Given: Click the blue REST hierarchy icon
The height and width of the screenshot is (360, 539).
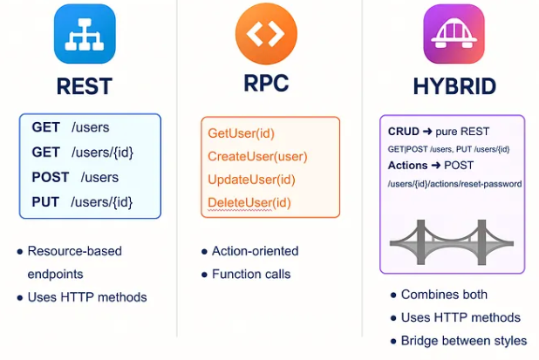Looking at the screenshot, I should (x=85, y=34).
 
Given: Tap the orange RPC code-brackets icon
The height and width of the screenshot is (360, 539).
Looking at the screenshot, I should (x=266, y=34).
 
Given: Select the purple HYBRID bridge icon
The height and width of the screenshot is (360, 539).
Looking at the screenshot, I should (x=453, y=34).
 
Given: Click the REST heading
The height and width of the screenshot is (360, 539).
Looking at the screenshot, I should (x=84, y=86).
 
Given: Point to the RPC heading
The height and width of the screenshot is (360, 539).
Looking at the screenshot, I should (x=266, y=84).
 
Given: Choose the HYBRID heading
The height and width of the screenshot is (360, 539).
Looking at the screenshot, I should (x=454, y=86).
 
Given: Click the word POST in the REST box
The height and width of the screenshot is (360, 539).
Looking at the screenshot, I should (x=51, y=177).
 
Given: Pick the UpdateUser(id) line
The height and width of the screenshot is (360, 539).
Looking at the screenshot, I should (x=251, y=180).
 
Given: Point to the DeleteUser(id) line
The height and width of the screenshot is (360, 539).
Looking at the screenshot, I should (x=249, y=203).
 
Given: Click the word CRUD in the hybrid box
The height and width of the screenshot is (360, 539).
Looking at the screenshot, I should (x=404, y=132).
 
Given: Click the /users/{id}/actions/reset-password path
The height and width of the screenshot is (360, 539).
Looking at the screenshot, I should (x=454, y=184).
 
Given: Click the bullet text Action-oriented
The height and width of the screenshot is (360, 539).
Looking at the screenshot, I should (x=255, y=251).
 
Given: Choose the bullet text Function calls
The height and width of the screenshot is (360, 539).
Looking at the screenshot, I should (x=250, y=274).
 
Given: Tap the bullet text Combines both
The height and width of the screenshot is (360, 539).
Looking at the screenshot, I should (x=444, y=295).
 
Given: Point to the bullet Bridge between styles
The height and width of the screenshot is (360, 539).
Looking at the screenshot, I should (x=464, y=340).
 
